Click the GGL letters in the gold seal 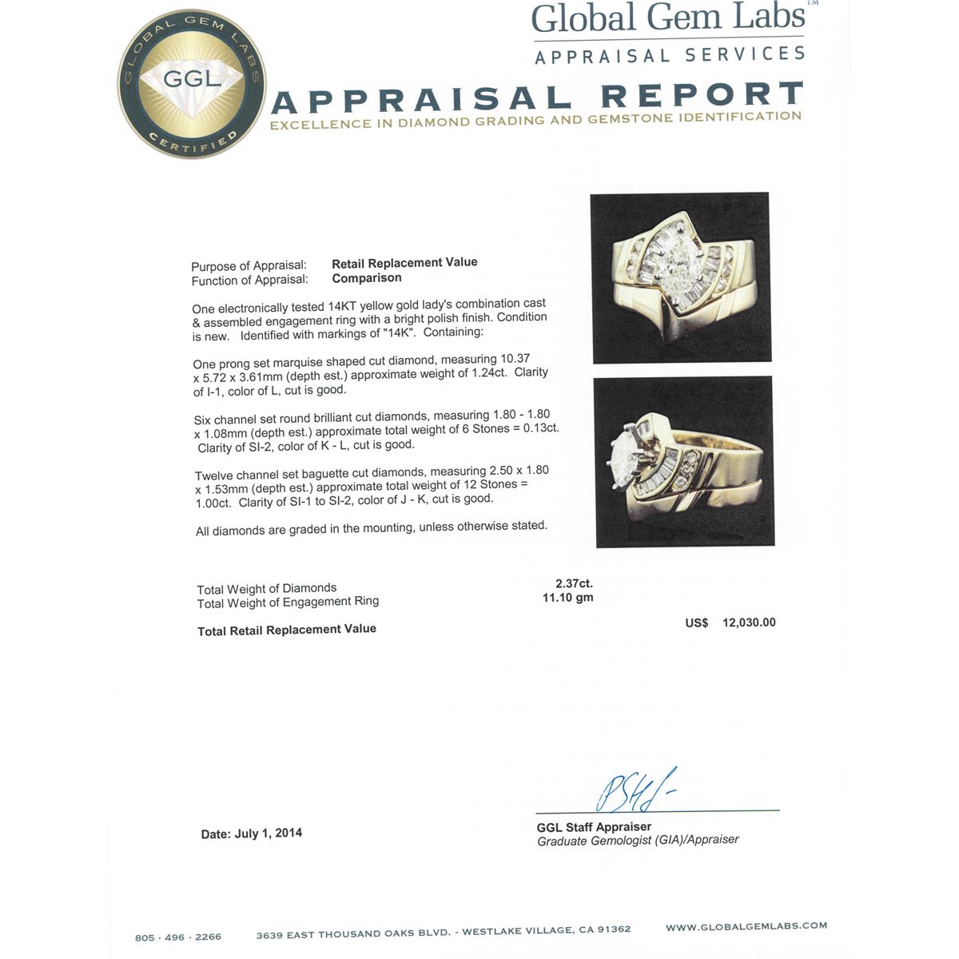(192, 79)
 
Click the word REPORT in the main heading (702, 95)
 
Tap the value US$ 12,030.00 (730, 623)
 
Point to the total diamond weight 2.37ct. (574, 583)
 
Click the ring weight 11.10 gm (567, 597)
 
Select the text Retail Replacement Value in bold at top (404, 262)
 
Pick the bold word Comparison (367, 278)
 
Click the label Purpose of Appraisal (249, 266)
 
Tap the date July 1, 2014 (269, 833)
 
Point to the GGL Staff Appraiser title (594, 827)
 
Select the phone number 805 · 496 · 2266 (178, 937)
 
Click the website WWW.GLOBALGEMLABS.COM (746, 926)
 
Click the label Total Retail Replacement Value (287, 630)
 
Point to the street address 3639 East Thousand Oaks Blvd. (354, 934)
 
